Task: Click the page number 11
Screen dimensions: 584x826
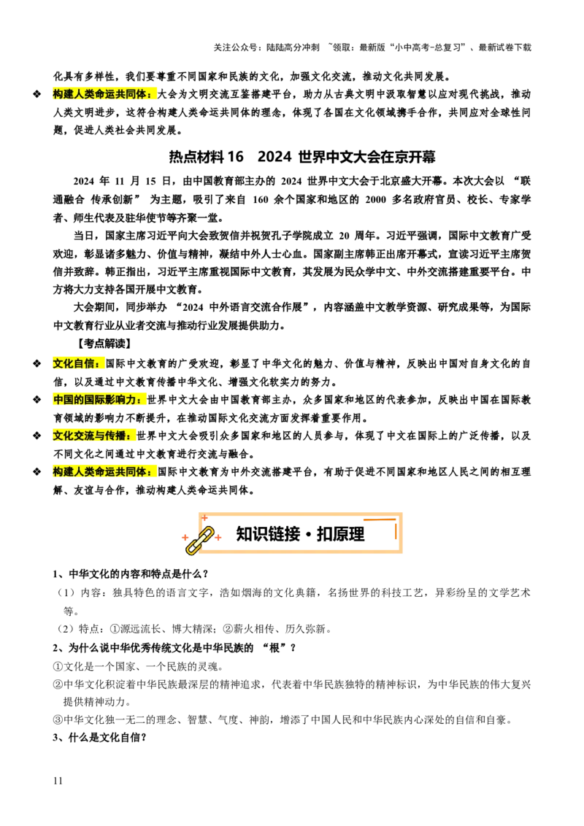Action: (x=58, y=781)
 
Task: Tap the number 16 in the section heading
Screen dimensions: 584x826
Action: (x=236, y=157)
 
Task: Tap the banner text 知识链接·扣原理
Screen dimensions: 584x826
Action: (x=300, y=534)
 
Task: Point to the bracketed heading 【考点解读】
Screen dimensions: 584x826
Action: (x=104, y=344)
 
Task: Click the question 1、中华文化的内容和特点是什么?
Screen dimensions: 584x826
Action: (x=131, y=574)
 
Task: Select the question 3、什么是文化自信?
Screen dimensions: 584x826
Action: (x=99, y=738)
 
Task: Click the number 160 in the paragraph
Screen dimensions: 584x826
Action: (x=261, y=200)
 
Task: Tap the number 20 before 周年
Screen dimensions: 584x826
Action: (x=344, y=236)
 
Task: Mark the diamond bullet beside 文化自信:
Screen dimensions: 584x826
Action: (x=37, y=363)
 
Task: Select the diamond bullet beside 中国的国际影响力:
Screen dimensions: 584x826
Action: (x=37, y=400)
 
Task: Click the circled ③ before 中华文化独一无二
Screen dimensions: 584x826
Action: (x=58, y=719)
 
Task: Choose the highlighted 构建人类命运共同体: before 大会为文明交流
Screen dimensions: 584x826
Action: (x=104, y=94)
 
